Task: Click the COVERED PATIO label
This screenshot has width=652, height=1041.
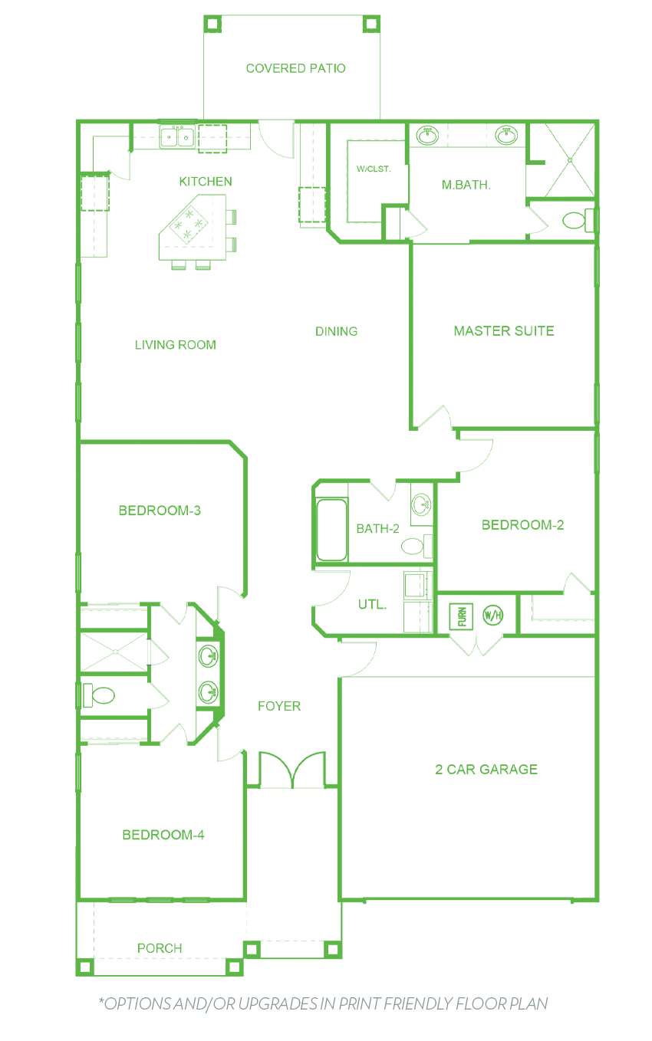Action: coord(296,68)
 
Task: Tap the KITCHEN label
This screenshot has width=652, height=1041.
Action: coord(206,181)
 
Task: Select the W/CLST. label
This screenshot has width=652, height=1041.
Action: coord(374,169)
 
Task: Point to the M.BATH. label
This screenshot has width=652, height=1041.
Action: coord(466,185)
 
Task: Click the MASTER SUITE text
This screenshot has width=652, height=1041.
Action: coord(504,331)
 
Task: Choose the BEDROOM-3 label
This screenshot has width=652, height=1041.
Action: coord(160,511)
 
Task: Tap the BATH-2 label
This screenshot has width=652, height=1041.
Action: coord(377,528)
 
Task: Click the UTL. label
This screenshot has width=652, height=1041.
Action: coord(372,605)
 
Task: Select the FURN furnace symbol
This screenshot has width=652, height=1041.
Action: coord(461,616)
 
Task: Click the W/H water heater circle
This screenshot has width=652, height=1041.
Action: coord(493,616)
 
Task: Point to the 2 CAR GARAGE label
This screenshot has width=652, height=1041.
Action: coord(486,769)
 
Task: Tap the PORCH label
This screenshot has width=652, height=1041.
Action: coord(160,948)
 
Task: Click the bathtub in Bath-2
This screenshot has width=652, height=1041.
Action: coord(331,530)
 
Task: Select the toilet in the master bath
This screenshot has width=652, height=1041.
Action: coord(579,220)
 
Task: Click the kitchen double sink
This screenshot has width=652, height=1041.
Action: coord(177,136)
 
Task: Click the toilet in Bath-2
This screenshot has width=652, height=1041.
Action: coord(417,546)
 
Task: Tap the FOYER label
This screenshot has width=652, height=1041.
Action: coord(279,706)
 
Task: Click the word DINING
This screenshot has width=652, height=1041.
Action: coord(336,331)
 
